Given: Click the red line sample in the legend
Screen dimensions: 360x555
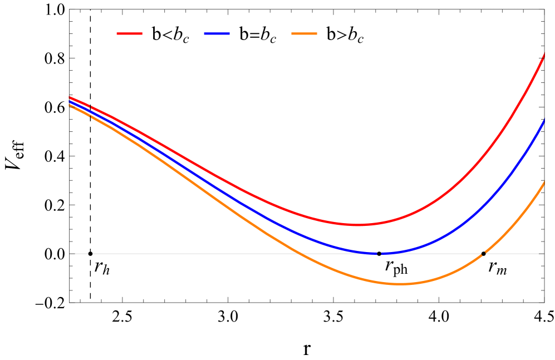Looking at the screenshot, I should [x=130, y=34].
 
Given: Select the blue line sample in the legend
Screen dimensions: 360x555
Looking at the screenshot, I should [x=217, y=34].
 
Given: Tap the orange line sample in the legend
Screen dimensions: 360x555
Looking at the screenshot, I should [x=304, y=34].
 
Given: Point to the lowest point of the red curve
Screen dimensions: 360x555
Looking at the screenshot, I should [x=357, y=225].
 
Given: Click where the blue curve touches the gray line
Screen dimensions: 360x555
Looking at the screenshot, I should [x=381, y=253].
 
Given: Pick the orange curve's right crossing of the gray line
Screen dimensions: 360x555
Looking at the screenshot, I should [x=483, y=253].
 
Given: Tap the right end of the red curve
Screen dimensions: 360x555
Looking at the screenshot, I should [x=544, y=54].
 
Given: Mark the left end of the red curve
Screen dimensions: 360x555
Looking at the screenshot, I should [x=69, y=97].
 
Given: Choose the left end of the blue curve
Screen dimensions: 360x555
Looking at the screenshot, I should [x=69, y=101].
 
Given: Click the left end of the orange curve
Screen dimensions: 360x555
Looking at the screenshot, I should [x=69, y=105].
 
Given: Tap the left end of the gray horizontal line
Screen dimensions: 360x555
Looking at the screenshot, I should [x=75, y=254].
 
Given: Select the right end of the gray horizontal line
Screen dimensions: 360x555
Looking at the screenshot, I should [x=539, y=254].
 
